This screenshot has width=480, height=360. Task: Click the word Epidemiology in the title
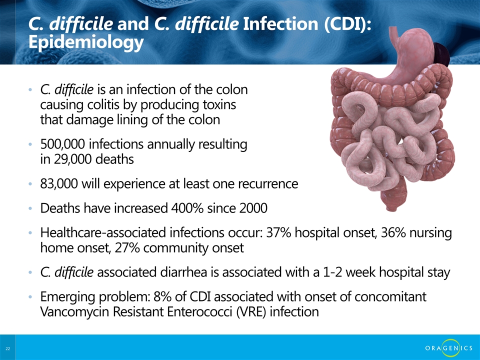[x=86, y=42]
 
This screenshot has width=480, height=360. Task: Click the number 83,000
[x=59, y=183]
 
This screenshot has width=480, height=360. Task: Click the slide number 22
[x=7, y=348]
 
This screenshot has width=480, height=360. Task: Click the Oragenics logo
[x=449, y=348]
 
